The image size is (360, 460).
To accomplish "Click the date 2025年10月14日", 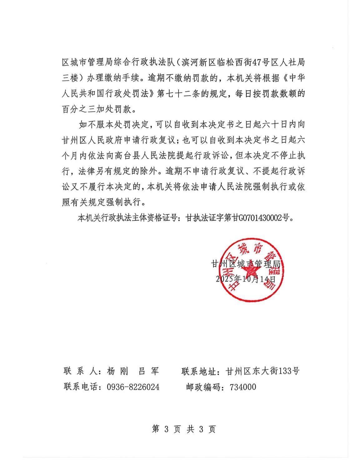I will tap(246, 278).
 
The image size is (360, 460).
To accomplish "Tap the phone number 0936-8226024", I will tap(133, 387).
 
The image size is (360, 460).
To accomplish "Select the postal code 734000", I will tap(243, 387).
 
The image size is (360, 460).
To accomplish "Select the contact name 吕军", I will tap(149, 371).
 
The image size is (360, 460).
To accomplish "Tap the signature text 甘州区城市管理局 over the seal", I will tap(246, 264).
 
